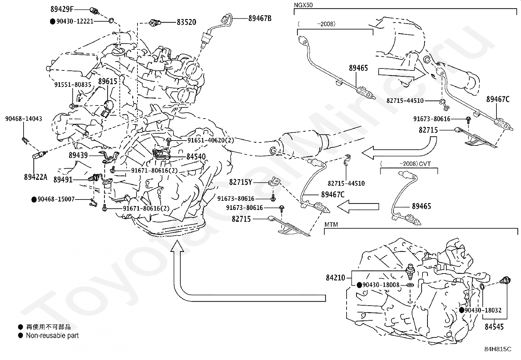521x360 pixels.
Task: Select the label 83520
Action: pyautogui.click(x=186, y=22)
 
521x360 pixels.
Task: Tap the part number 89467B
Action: pyautogui.click(x=260, y=18)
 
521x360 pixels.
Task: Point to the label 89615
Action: pyautogui.click(x=108, y=81)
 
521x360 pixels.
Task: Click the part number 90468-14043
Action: pyautogui.click(x=24, y=119)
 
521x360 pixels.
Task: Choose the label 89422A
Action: pyautogui.click(x=35, y=177)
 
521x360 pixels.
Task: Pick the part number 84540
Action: pyautogui.click(x=196, y=157)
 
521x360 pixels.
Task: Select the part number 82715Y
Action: pyautogui.click(x=241, y=182)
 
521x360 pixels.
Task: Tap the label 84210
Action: pyautogui.click(x=335, y=278)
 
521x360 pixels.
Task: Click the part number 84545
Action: pyautogui.click(x=494, y=327)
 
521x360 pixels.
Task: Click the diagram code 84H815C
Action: pyautogui.click(x=498, y=349)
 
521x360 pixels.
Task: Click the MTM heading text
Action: pyautogui.click(x=331, y=224)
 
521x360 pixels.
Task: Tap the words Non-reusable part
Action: pyautogui.click(x=52, y=335)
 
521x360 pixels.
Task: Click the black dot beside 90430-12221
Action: pyautogui.click(x=52, y=21)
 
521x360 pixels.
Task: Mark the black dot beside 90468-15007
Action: pyautogui.click(x=34, y=199)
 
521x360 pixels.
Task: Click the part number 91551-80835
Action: pyautogui.click(x=73, y=85)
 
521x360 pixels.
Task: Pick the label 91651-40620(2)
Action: pyautogui.click(x=211, y=140)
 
